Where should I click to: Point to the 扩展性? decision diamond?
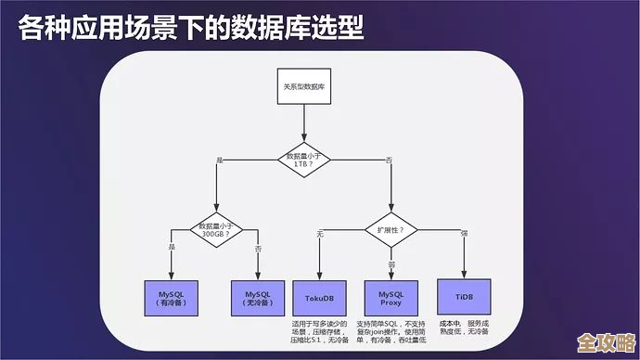[390, 228]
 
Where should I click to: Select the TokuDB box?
[319, 298]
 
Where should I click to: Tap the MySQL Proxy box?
[390, 298]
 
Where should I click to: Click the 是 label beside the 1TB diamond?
[220, 161]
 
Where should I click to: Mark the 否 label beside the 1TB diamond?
[389, 161]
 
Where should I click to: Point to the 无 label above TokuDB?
[320, 232]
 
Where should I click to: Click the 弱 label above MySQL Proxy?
[390, 264]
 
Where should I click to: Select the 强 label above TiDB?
[464, 232]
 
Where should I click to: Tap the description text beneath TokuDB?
[320, 334]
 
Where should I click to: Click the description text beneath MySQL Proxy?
[390, 334]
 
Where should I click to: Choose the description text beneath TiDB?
[464, 329]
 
